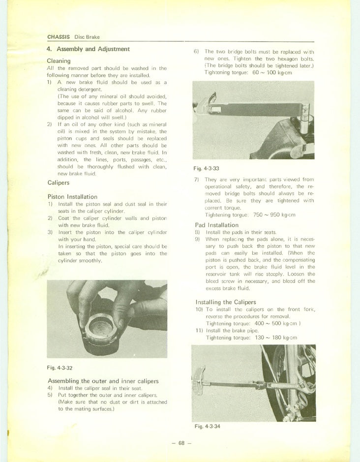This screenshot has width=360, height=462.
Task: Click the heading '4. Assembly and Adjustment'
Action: (x=88, y=49)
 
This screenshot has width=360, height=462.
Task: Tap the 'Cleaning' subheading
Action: (x=59, y=61)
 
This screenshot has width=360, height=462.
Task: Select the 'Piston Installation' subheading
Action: (x=72, y=197)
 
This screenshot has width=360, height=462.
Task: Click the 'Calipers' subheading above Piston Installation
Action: (x=58, y=183)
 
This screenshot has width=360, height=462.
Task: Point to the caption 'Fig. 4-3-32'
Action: (x=60, y=368)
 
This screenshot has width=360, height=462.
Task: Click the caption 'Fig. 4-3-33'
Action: (x=206, y=168)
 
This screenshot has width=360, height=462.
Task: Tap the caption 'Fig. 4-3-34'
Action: (x=207, y=426)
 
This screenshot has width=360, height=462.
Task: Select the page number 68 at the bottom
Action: (x=181, y=443)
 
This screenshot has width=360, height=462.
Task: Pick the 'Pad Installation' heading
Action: (x=221, y=225)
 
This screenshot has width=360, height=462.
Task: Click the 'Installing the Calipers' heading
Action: (x=226, y=302)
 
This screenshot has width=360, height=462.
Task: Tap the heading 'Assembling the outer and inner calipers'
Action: (x=103, y=381)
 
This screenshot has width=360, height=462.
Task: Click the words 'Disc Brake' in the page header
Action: (x=87, y=37)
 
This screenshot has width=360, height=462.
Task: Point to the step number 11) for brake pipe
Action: (x=199, y=330)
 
